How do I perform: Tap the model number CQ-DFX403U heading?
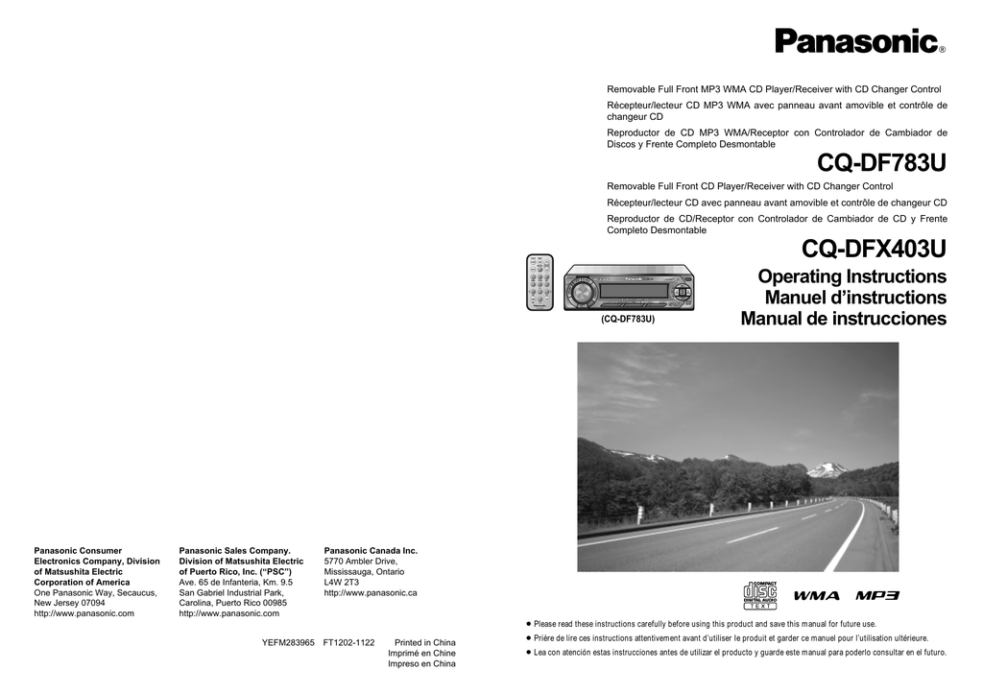tap(874, 250)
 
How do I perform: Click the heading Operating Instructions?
tap(851, 277)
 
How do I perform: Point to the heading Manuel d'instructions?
tap(855, 299)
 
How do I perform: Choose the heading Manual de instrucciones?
tap(843, 320)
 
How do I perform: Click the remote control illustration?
tap(540, 282)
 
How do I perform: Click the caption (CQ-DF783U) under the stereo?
tap(628, 319)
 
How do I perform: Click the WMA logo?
tap(816, 596)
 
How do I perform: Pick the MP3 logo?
tap(877, 596)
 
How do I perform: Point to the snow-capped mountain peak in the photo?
tap(827, 469)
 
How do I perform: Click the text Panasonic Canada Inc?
tap(371, 551)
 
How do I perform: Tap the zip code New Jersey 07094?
tap(70, 603)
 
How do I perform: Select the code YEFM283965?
tap(288, 642)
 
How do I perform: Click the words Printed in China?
tap(425, 642)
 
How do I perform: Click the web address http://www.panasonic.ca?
tap(371, 593)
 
